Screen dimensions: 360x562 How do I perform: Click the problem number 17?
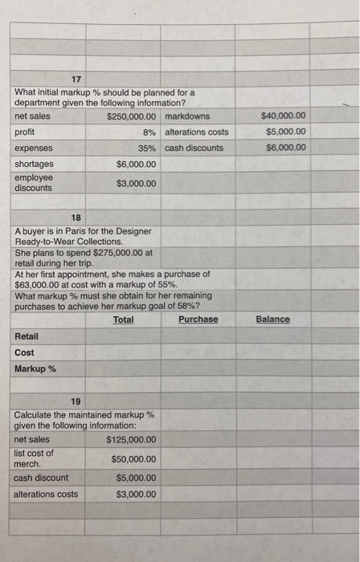point(76,79)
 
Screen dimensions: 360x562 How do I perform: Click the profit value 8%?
point(149,132)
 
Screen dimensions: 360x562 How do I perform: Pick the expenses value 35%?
point(146,148)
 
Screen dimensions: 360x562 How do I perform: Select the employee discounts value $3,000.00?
point(137,183)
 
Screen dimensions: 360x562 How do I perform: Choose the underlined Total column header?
point(124,320)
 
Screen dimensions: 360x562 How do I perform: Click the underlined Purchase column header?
point(198,320)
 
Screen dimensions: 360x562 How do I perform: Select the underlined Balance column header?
point(272,320)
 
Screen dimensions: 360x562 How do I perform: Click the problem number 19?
point(76,401)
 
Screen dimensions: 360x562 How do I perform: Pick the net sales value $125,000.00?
point(131,439)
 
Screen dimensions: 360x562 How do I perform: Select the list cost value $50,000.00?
point(134,459)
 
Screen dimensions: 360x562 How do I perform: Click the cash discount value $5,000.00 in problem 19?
point(137,478)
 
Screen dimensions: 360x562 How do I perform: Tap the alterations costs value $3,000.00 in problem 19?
point(137,494)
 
